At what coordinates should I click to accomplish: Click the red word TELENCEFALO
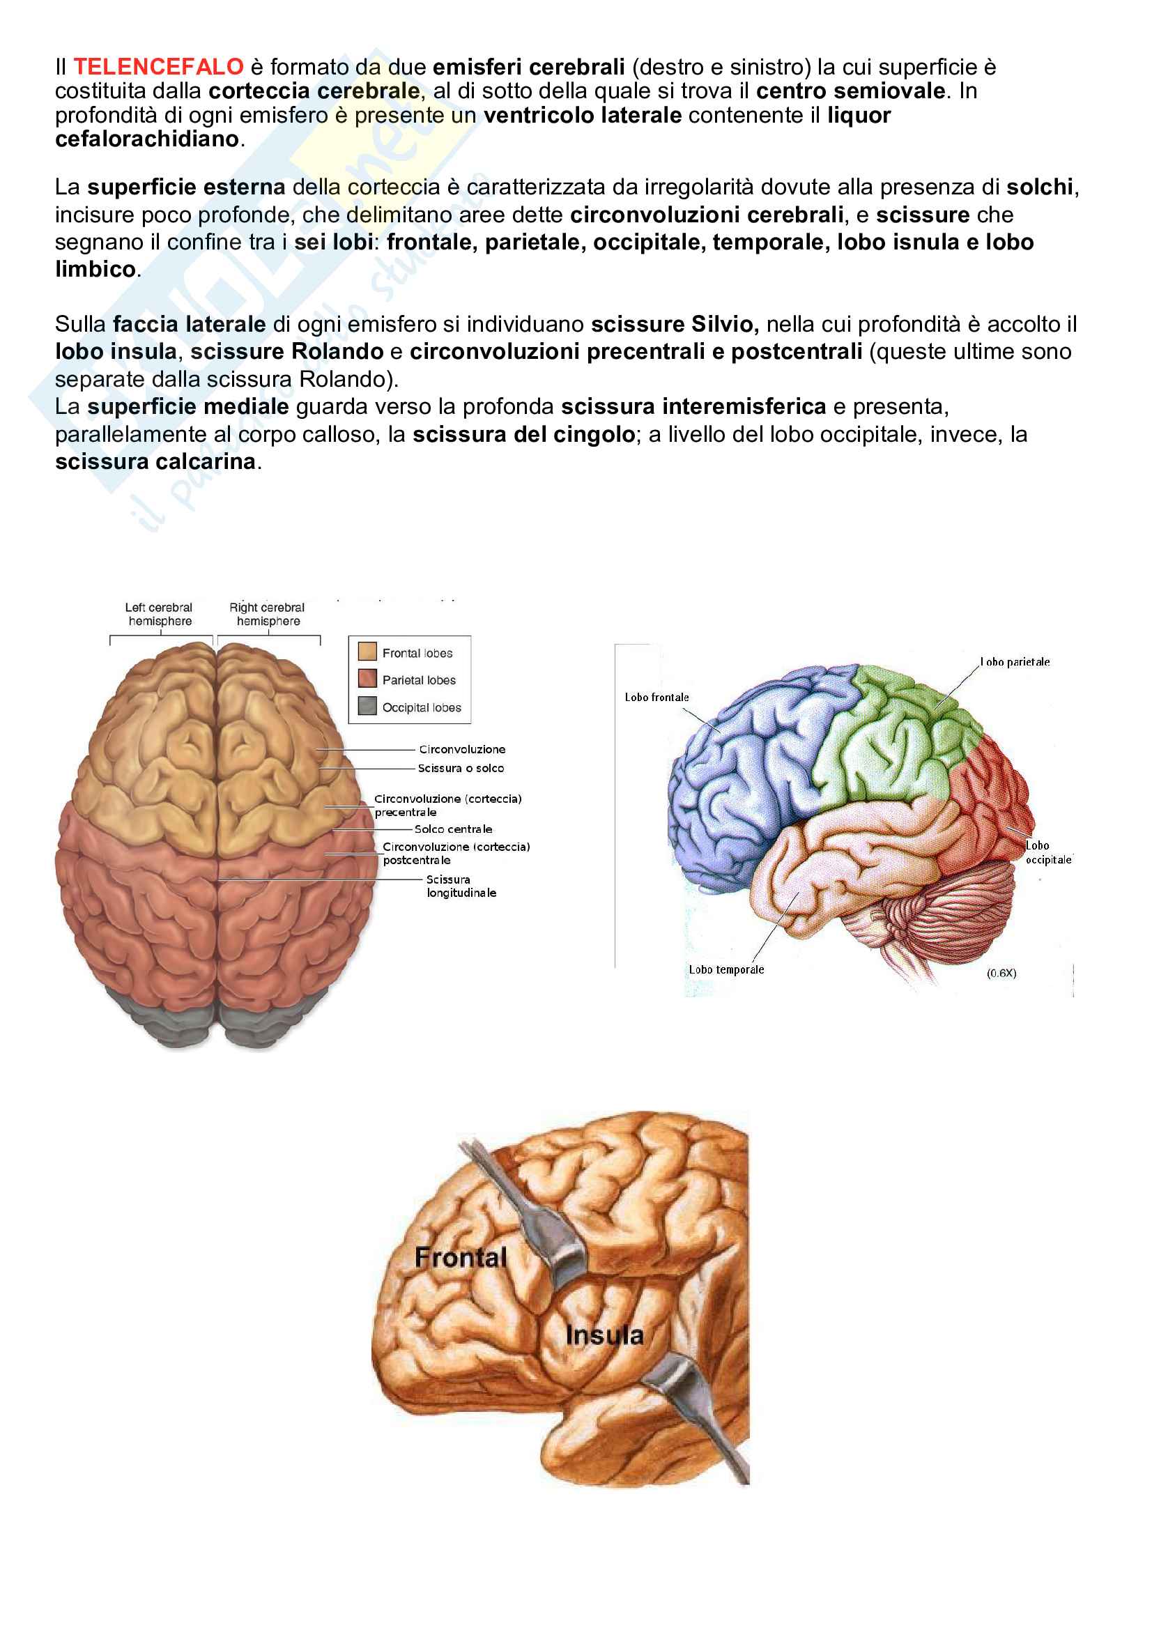159,67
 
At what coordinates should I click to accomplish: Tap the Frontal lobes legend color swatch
367,652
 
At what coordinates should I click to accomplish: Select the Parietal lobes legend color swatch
367,679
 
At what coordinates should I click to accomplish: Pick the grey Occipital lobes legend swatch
367,707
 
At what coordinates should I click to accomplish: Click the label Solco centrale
453,829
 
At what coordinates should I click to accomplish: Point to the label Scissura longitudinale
461,886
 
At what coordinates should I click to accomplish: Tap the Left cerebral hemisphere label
159,614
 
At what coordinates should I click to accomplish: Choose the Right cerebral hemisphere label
267,614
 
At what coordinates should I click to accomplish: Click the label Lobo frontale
656,697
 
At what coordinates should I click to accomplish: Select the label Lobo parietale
1014,661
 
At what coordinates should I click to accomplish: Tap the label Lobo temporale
726,969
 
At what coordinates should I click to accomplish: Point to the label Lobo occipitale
1047,852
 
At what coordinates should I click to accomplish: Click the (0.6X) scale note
1001,973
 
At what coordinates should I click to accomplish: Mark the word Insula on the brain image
604,1335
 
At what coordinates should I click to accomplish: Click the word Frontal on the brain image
461,1257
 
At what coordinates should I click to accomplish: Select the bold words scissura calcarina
155,461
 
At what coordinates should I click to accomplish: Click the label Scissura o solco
461,768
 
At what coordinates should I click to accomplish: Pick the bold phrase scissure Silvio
675,325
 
